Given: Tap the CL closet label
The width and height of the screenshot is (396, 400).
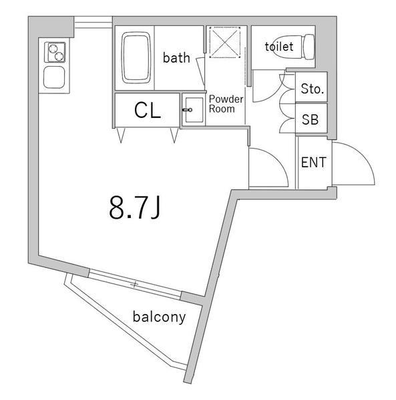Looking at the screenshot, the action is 148,111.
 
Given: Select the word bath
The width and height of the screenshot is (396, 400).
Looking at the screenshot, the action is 176,57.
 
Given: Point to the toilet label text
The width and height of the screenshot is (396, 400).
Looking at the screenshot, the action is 279,47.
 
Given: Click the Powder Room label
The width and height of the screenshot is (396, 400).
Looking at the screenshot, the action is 226,104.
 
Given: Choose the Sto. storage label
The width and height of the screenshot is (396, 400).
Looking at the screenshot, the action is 313,89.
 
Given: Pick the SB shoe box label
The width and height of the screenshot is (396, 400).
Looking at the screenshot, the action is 310,119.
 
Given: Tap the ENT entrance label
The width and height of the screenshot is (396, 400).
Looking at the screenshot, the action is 314,162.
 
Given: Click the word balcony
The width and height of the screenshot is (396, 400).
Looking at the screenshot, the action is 159,317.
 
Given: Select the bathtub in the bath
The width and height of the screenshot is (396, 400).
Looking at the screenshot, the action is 136,57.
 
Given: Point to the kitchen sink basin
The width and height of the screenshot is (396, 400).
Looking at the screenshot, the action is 54,77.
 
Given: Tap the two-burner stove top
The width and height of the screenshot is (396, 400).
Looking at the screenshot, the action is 55,52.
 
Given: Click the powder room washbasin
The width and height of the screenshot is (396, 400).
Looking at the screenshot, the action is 194,110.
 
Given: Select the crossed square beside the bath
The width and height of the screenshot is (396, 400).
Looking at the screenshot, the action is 225,42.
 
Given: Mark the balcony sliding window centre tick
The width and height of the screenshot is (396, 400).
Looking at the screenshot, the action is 135,284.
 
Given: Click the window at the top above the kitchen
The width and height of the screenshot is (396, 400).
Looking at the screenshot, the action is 93,22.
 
